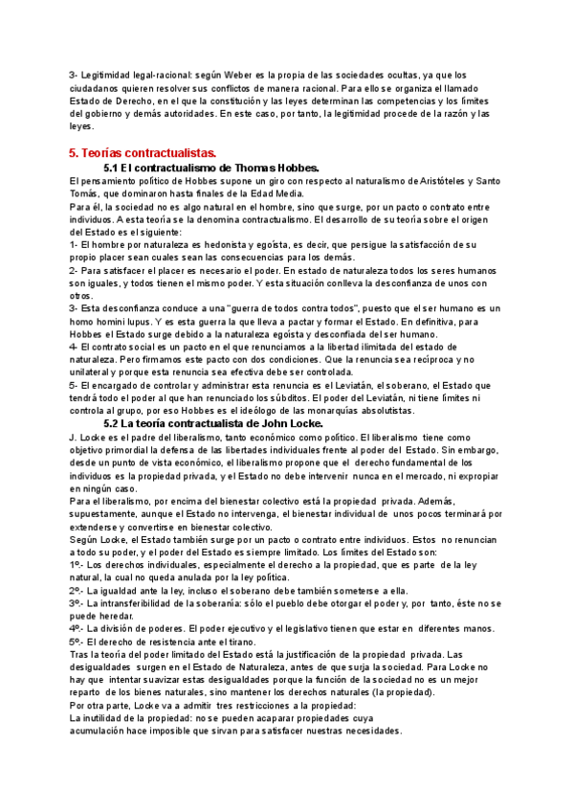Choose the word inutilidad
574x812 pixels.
(x=104, y=717)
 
